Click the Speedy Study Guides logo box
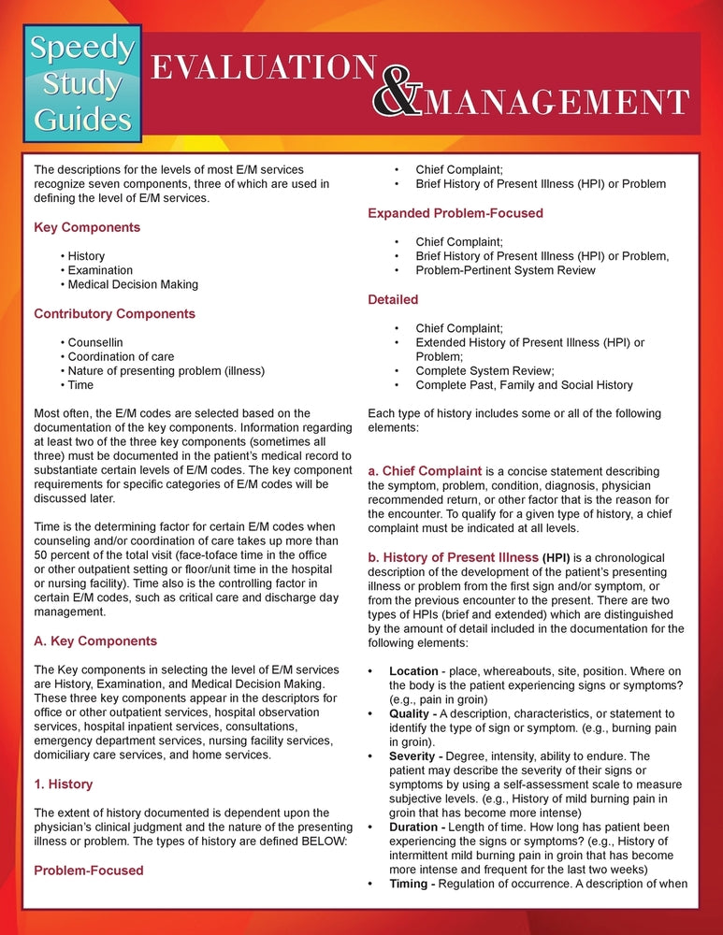pos(81,81)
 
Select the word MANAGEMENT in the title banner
pos(556,101)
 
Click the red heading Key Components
pos(87,227)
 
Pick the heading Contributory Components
pos(114,313)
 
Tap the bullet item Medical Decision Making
pos(133,284)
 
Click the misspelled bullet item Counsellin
pos(94,342)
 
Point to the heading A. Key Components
pos(95,641)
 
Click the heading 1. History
pos(63,784)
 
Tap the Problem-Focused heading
pos(89,870)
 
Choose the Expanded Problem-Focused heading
pos(455,213)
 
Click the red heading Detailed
pos(393,299)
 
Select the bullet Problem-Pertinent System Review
pos(505,270)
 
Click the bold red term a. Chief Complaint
pos(425,470)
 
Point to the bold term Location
pos(413,671)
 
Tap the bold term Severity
pos(414,755)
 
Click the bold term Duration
pos(416,827)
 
